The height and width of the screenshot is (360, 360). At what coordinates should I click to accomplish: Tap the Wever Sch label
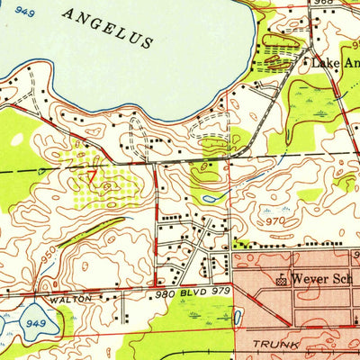coord(324,279)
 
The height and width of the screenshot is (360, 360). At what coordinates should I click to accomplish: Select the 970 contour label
coord(275,220)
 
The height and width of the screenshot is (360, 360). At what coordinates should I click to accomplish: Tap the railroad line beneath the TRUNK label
coord(270,357)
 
